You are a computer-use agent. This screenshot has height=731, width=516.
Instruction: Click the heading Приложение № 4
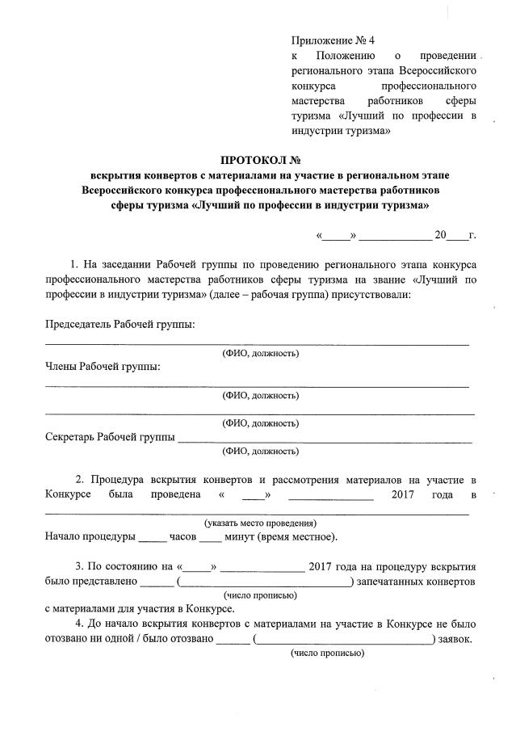tap(333, 40)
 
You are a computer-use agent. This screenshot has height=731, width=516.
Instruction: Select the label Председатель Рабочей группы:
tap(120, 325)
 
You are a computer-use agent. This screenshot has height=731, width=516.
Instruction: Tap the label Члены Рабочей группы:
tap(103, 368)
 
